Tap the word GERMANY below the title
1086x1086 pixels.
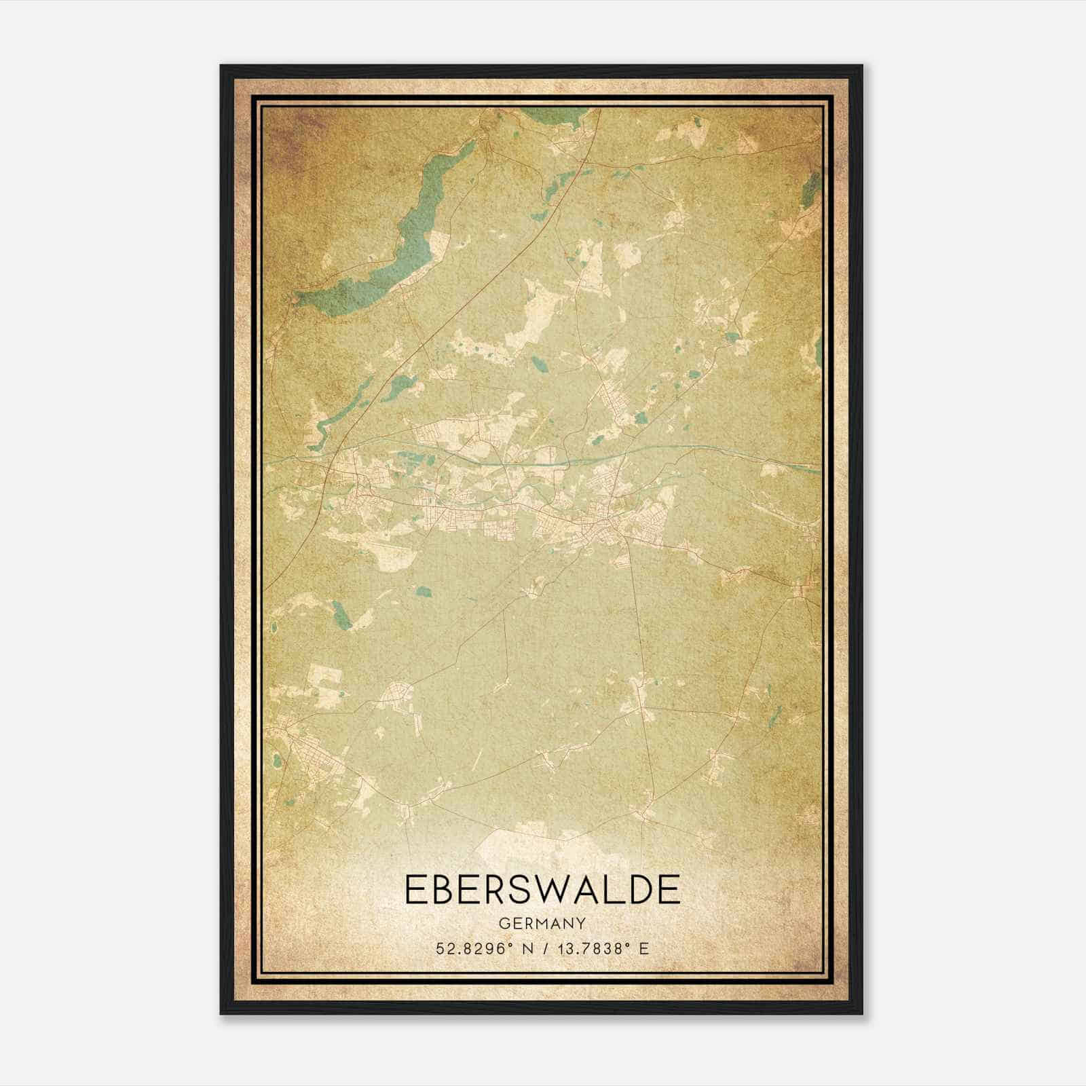542,924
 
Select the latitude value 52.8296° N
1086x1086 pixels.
482,948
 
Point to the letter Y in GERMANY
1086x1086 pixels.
581,924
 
